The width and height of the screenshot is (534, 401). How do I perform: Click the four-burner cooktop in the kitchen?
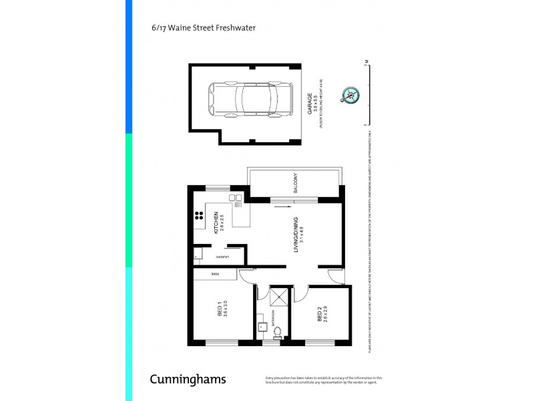[x=199, y=215]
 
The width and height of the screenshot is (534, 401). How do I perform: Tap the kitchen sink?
[x=236, y=198]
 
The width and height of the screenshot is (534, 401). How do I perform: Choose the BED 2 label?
[x=319, y=314]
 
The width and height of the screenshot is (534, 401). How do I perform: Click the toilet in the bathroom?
[x=277, y=331]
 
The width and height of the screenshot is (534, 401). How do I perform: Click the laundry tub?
[x=198, y=254]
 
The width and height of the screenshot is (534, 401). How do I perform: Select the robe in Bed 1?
[x=215, y=274]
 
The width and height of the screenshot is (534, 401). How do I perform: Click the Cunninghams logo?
[x=187, y=380]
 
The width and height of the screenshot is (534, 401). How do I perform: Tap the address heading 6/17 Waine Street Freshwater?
[x=204, y=28]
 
